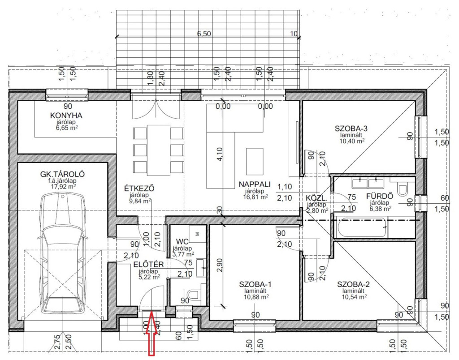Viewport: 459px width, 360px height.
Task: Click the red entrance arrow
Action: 152,334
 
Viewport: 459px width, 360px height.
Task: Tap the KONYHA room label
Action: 66,116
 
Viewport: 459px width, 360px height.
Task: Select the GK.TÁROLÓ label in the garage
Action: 62,174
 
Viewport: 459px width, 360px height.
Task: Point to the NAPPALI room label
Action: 255,184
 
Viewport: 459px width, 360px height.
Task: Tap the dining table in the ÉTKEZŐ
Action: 158,150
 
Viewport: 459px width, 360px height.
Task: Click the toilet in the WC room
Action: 193,295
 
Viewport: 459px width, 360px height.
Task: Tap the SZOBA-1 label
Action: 255,284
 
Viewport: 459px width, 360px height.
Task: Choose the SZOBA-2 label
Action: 353,284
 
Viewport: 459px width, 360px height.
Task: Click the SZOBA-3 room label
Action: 351,129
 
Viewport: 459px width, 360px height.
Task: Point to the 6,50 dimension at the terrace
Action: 204,34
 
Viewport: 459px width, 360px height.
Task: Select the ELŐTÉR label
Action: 148,264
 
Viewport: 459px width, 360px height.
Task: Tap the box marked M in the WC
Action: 197,233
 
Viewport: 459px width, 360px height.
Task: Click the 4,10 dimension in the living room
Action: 220,154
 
